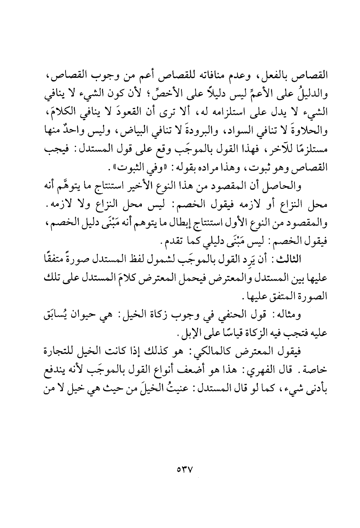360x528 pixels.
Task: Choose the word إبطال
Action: pos(172,224)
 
